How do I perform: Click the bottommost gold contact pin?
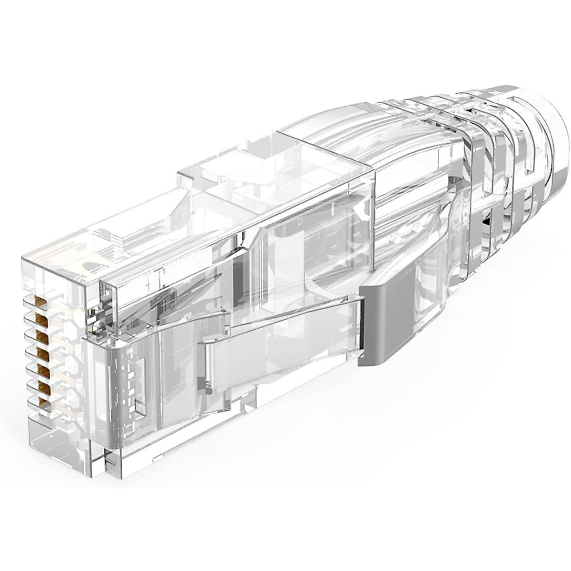point(45,404)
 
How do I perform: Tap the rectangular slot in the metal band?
point(138,385)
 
